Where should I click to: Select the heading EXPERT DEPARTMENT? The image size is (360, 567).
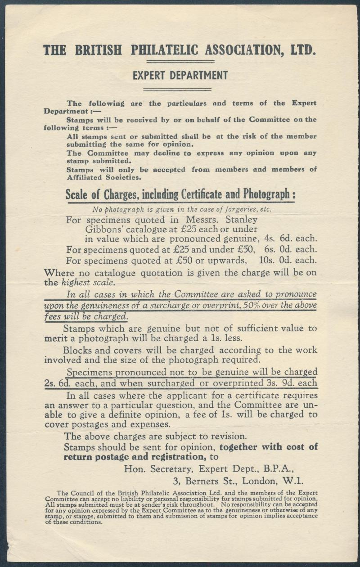point(180,76)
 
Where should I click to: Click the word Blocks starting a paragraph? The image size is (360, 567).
point(76,350)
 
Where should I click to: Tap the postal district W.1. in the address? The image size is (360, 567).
point(292,481)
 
